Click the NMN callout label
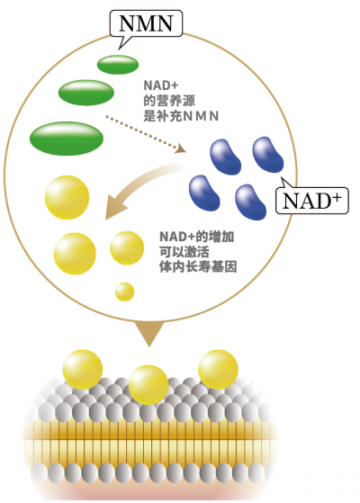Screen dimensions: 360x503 tap(146, 23)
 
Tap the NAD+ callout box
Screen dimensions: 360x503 tap(312, 201)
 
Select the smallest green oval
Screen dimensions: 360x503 tap(118, 64)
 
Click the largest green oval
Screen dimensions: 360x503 tap(67, 139)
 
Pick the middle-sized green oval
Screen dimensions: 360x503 tap(86, 93)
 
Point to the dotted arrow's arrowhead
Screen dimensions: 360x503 tap(181, 148)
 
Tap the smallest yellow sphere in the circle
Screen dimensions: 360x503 tap(124, 292)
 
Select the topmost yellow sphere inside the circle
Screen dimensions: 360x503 tap(67, 197)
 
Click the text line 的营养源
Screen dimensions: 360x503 tap(169, 101)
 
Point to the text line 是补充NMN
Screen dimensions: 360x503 tap(181, 116)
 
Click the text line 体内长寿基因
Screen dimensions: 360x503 tap(198, 267)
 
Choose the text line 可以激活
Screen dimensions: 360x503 tap(184, 252)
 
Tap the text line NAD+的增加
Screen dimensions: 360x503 tap(197, 237)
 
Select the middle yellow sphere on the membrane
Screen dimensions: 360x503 tap(148, 384)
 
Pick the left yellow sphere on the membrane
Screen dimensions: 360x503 tap(83, 370)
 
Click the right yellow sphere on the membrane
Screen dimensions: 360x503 tap(218, 370)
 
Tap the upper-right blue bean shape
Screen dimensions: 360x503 tap(268, 154)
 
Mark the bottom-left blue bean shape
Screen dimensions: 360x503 tap(204, 193)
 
